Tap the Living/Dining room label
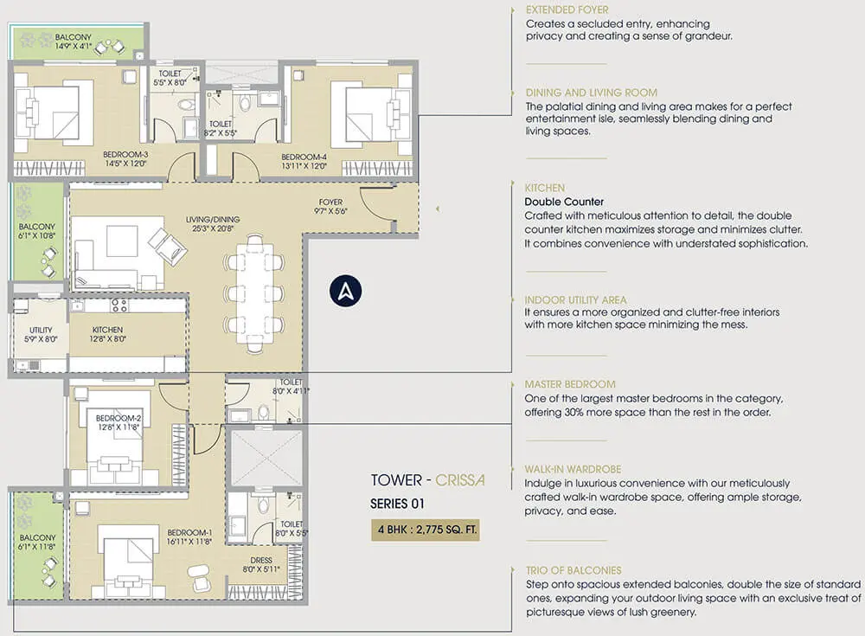click(x=213, y=223)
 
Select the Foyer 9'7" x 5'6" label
click(x=330, y=207)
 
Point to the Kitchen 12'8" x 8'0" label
click(x=107, y=334)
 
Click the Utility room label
click(x=41, y=334)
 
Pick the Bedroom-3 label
click(x=125, y=158)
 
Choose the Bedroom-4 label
click(x=304, y=161)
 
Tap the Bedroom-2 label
click(x=119, y=422)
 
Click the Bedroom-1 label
click(x=189, y=537)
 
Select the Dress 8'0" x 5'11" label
click(x=261, y=565)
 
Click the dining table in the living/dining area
click(x=254, y=293)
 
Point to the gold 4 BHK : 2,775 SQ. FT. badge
click(x=426, y=530)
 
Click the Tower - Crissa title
click(x=428, y=480)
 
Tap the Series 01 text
click(x=397, y=504)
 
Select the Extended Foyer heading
click(x=567, y=10)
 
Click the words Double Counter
click(x=564, y=202)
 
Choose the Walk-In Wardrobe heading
click(x=573, y=469)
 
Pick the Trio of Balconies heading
click(x=573, y=570)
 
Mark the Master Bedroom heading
click(x=570, y=384)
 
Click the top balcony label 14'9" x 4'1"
click(x=73, y=42)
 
